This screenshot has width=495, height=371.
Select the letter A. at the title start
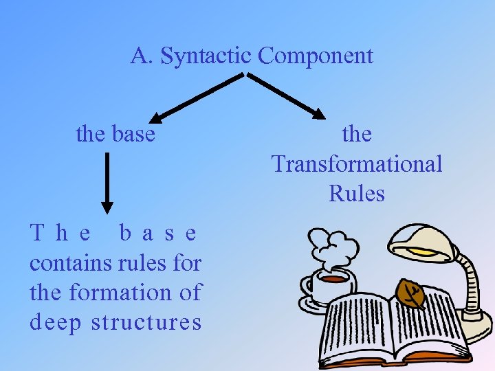point(142,56)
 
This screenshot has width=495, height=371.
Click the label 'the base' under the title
point(115,134)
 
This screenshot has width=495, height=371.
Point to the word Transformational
point(357,164)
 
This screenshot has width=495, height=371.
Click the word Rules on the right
point(357,194)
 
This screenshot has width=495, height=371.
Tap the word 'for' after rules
point(186,263)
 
